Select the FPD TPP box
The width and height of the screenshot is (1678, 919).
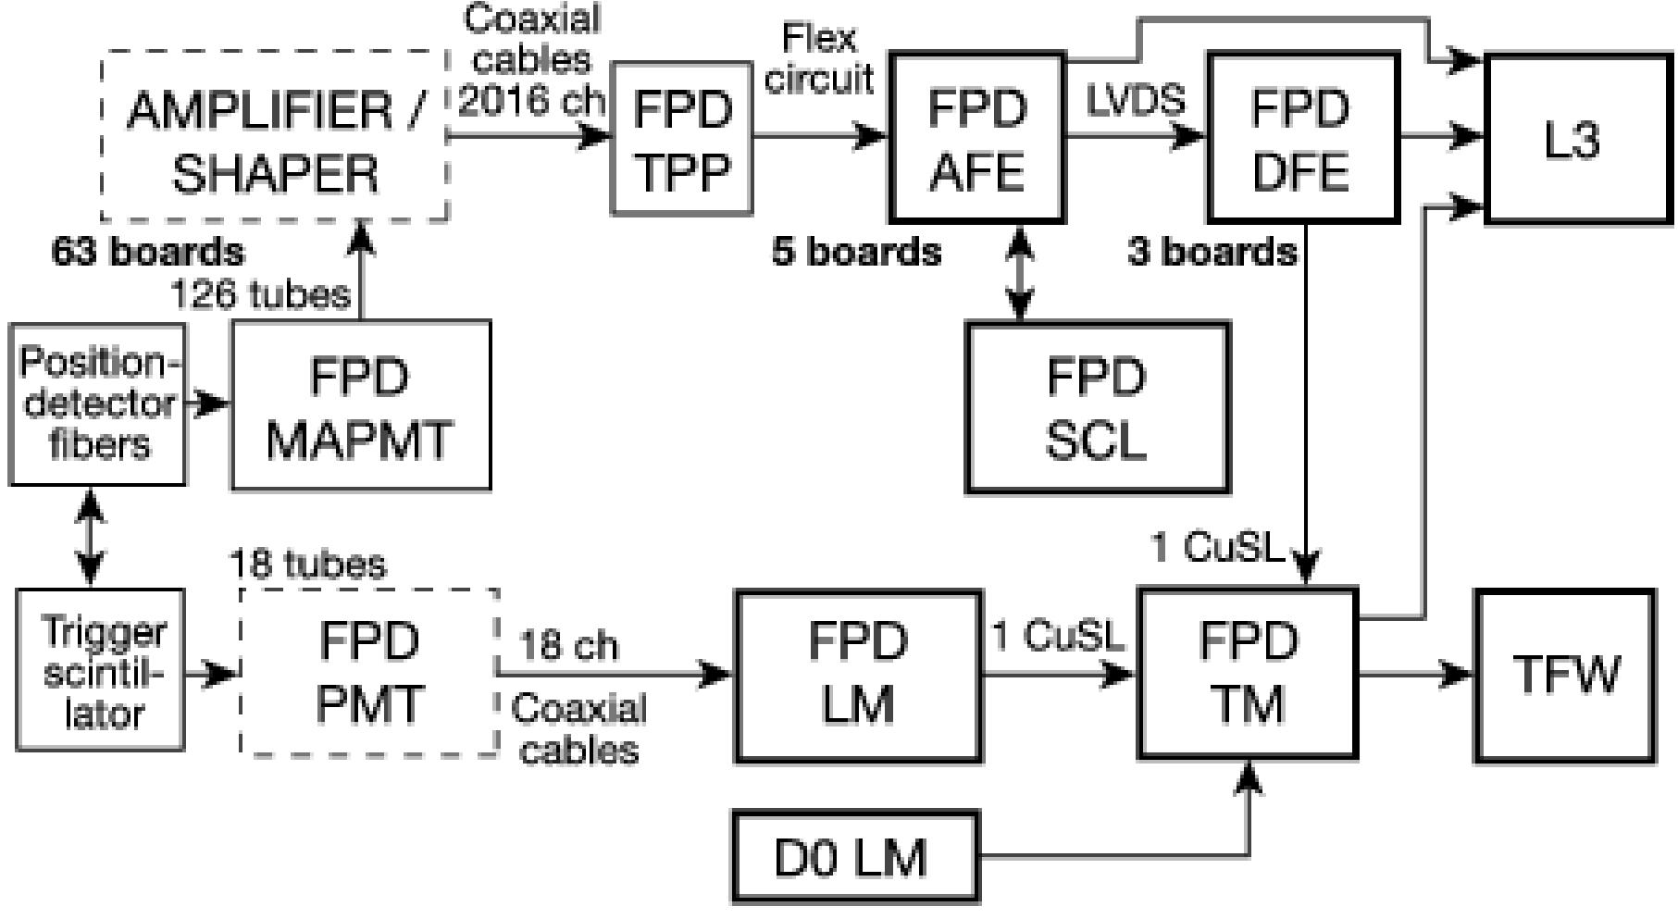(x=681, y=138)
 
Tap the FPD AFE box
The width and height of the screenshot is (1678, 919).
(x=976, y=138)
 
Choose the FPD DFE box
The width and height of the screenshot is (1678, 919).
(x=1300, y=138)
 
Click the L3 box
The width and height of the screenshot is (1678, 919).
(x=1577, y=140)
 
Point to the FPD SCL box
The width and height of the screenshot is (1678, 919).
(x=1097, y=406)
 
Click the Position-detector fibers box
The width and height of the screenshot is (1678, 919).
(x=97, y=404)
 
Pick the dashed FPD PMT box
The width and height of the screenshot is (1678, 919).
(x=368, y=673)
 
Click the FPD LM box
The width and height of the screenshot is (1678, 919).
(x=858, y=675)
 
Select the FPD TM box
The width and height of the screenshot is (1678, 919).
(x=1247, y=675)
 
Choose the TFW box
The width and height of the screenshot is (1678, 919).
(x=1565, y=675)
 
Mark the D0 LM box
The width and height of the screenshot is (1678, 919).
(x=855, y=857)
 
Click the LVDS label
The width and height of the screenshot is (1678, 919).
(x=1137, y=101)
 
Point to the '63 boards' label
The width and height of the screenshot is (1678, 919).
(x=148, y=252)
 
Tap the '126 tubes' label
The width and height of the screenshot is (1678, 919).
(x=261, y=294)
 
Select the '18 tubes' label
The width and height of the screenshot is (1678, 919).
(x=307, y=564)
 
